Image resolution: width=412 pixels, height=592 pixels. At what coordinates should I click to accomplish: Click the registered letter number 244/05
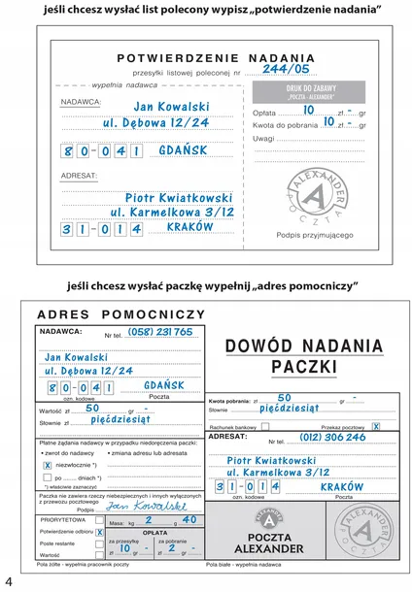tap(286, 69)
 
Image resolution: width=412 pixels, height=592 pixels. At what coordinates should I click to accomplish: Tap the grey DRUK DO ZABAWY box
tap(312, 92)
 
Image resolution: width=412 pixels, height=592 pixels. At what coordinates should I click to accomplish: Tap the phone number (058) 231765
tap(161, 331)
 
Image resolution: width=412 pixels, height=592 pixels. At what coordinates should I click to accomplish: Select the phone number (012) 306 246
tap(332, 437)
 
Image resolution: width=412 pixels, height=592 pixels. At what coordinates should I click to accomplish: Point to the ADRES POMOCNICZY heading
tap(120, 314)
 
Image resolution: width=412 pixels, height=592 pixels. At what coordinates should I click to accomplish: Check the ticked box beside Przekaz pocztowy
tap(375, 426)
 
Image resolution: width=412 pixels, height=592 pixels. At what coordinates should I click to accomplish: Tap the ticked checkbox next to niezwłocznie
tap(47, 465)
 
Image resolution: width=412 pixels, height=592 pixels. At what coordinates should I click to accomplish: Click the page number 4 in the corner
tap(9, 581)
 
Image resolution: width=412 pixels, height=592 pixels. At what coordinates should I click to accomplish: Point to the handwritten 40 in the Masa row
tap(189, 520)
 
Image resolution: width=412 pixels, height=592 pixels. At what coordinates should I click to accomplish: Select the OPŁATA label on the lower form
tap(155, 532)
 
